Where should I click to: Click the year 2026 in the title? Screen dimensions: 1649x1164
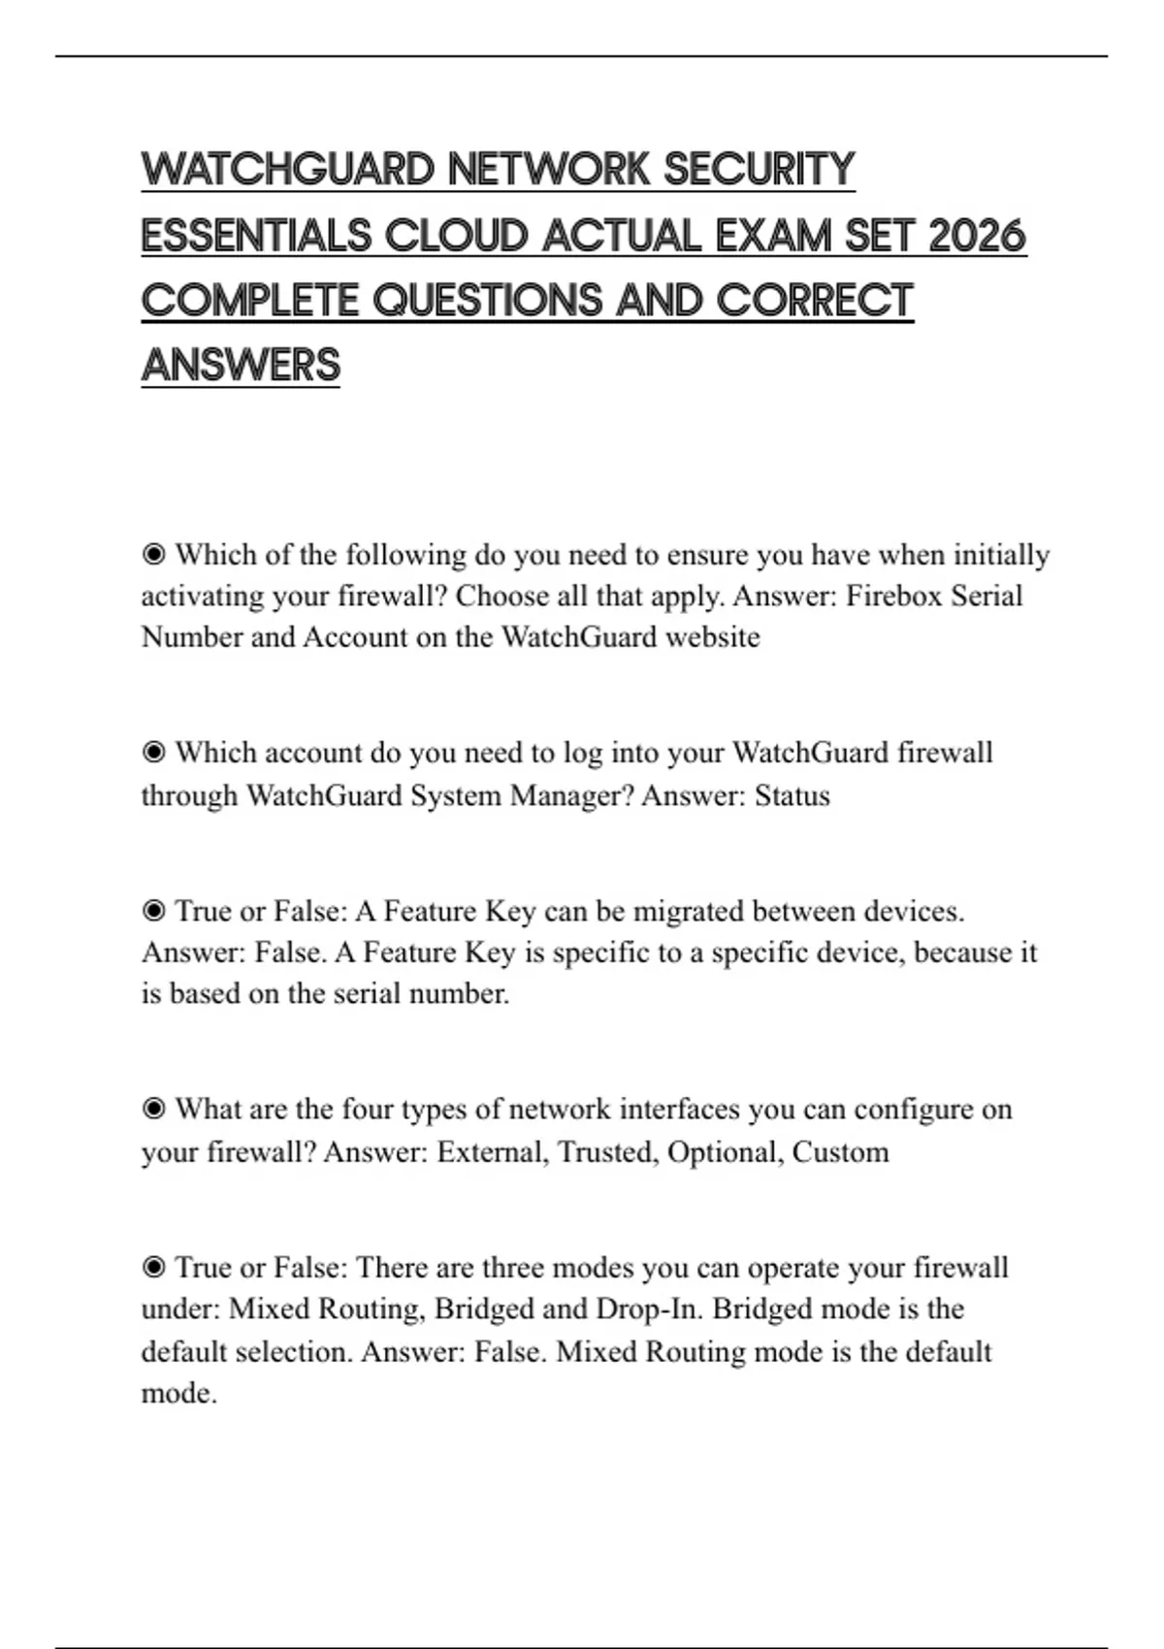coord(977,236)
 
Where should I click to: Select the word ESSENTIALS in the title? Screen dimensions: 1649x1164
coord(256,236)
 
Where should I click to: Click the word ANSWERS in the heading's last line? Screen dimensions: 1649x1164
coord(241,366)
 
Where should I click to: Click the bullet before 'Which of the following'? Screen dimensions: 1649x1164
coord(153,555)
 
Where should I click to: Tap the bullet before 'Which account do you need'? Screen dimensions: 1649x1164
coord(153,753)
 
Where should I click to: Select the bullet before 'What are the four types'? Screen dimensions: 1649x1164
coord(153,1109)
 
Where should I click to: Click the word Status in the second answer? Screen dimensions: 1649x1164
coord(792,795)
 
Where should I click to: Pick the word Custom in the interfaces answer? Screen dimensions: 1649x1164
coord(840,1152)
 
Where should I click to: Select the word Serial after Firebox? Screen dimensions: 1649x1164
coord(986,596)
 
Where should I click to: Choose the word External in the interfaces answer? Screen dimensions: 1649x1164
coord(493,1152)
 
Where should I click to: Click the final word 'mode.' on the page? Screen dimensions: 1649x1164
coord(179,1394)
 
